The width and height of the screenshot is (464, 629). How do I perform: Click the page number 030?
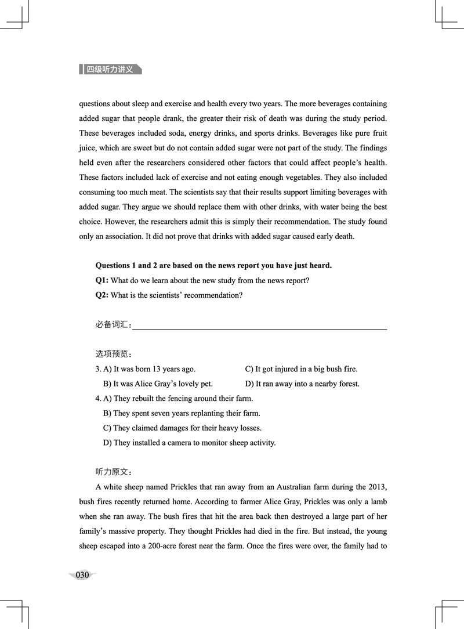pyautogui.click(x=82, y=575)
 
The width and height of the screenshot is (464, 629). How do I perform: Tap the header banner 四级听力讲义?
pyautogui.click(x=110, y=69)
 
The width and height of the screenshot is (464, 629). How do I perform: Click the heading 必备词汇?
pyautogui.click(x=113, y=324)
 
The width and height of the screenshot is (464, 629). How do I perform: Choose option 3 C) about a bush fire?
pyautogui.click(x=301, y=369)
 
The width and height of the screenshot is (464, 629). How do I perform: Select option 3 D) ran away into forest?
pyautogui.click(x=302, y=384)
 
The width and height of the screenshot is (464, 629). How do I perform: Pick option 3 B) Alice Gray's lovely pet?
pyautogui.click(x=158, y=384)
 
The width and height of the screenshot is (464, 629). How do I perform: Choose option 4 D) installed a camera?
pyautogui.click(x=189, y=443)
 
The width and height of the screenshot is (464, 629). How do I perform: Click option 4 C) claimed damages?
pyautogui.click(x=182, y=428)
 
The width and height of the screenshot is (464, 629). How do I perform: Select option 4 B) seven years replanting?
pyautogui.click(x=182, y=413)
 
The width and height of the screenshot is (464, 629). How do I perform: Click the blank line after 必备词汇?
pyautogui.click(x=259, y=328)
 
